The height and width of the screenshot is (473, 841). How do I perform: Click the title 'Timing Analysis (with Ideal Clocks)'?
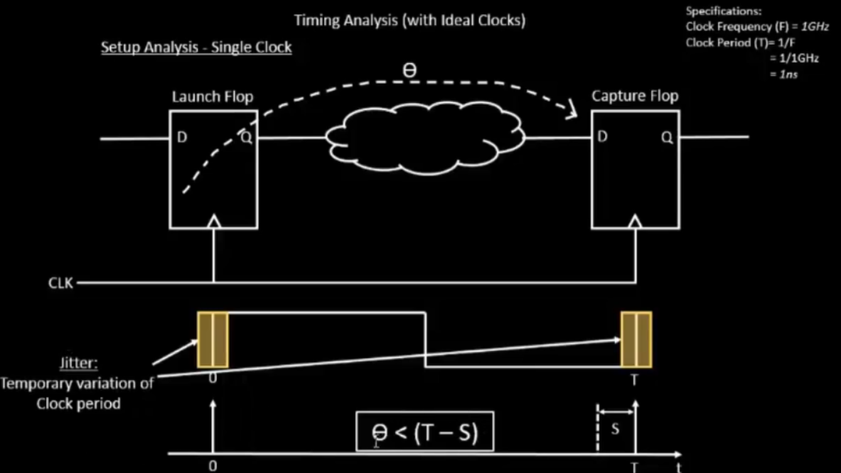[x=409, y=21]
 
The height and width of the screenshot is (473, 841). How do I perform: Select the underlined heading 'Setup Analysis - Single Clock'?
[x=196, y=47]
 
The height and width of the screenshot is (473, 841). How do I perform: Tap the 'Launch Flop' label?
[x=213, y=97]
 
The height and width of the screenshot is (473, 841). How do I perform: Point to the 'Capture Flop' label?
[x=635, y=96]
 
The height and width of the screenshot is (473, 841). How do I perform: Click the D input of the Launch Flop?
[x=182, y=137]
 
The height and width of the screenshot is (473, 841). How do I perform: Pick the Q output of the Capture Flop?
[x=667, y=137]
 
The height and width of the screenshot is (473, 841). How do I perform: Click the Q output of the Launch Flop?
[x=246, y=137]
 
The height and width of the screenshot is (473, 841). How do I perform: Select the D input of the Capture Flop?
[x=602, y=136]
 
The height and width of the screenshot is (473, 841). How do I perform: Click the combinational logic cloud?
[x=426, y=138]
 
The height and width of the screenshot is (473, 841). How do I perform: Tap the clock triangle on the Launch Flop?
[x=214, y=222]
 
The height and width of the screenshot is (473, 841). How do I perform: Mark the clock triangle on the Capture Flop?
[x=636, y=222]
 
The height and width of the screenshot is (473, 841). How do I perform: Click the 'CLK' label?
[x=60, y=283]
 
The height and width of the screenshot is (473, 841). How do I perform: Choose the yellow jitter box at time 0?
[x=213, y=339]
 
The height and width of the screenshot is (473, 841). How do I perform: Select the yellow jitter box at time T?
[x=636, y=339]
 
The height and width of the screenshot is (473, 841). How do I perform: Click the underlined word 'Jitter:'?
[x=78, y=363]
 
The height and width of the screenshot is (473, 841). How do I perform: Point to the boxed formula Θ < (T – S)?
[x=425, y=431]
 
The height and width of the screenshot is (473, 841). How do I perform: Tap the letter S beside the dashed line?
[x=615, y=429]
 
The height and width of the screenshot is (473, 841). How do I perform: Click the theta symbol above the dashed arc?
[x=409, y=70]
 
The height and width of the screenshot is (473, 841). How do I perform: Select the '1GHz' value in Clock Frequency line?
[x=815, y=26]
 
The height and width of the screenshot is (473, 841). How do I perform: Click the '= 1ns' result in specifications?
[x=783, y=75]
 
